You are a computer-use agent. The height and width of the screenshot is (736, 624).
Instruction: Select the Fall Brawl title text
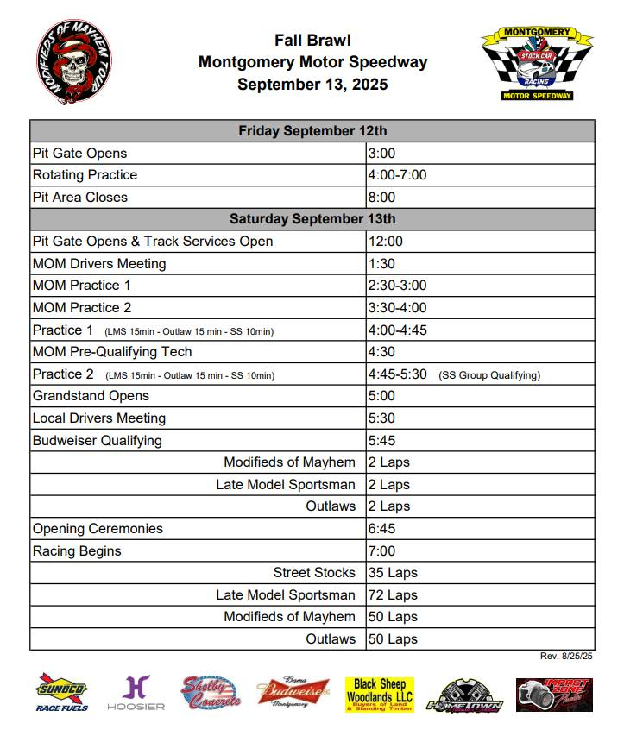click(x=312, y=40)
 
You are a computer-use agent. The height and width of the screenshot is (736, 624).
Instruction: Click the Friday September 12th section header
click(x=312, y=131)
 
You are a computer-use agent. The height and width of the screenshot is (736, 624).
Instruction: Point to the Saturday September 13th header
click(x=312, y=219)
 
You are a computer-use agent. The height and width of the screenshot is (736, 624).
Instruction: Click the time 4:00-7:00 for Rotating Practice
click(x=397, y=175)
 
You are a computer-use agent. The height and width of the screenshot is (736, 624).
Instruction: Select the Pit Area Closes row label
click(x=79, y=198)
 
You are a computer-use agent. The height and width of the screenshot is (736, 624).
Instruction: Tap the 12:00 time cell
click(x=385, y=242)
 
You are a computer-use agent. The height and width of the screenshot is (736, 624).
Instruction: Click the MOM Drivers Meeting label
click(x=98, y=264)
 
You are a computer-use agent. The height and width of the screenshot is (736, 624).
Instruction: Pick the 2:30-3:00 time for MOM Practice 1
click(x=397, y=286)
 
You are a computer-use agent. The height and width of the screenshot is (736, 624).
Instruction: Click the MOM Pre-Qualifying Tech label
click(x=112, y=352)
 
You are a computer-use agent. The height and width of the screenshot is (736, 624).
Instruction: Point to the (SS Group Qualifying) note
click(x=488, y=375)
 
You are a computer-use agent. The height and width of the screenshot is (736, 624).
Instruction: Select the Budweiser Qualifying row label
click(x=97, y=441)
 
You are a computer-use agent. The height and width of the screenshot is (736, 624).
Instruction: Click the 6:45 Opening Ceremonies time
click(x=381, y=529)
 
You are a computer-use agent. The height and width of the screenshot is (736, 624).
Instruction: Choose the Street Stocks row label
click(x=314, y=573)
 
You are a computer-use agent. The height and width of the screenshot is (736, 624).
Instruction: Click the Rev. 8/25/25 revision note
click(x=566, y=657)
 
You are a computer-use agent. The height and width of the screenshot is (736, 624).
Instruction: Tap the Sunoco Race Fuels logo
click(x=61, y=695)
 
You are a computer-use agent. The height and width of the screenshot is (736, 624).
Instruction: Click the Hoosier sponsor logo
click(x=136, y=695)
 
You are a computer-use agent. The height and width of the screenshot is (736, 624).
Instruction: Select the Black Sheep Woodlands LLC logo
click(x=380, y=695)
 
